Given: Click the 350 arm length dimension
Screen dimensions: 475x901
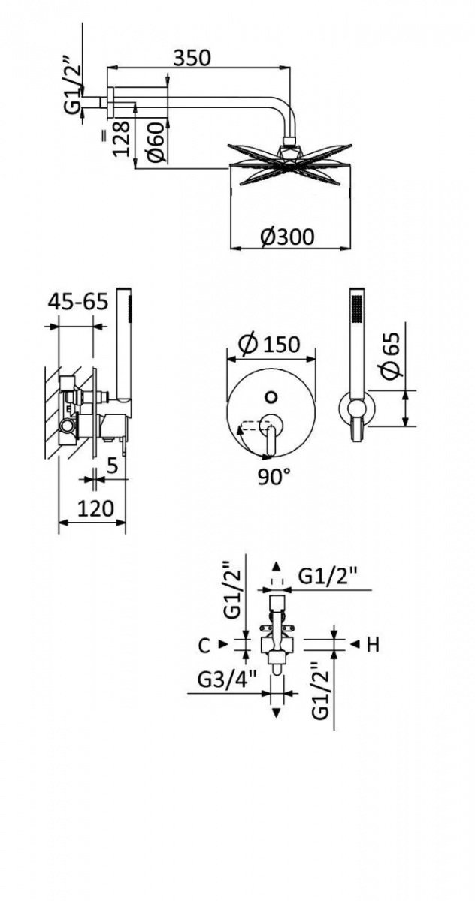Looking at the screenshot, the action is [192, 58].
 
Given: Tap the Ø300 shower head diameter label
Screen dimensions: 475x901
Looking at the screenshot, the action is [286, 237].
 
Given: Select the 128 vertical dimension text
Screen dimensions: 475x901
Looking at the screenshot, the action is [121, 138].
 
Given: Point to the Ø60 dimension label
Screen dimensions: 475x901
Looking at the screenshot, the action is [156, 143].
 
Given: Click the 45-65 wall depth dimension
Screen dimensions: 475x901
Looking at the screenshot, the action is [78, 301].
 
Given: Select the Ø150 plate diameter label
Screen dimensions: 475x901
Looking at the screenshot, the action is [269, 345].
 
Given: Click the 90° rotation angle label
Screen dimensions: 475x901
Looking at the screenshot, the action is [274, 477].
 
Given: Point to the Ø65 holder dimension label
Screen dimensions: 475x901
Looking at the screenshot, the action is [392, 355].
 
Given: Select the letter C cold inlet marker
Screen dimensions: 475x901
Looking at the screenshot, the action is [204, 646].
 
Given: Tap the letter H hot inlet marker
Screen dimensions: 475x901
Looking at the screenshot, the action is [373, 645].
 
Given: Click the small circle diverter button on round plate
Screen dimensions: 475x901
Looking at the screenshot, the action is [272, 397].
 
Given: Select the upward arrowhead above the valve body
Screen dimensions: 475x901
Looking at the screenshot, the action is [276, 566].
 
